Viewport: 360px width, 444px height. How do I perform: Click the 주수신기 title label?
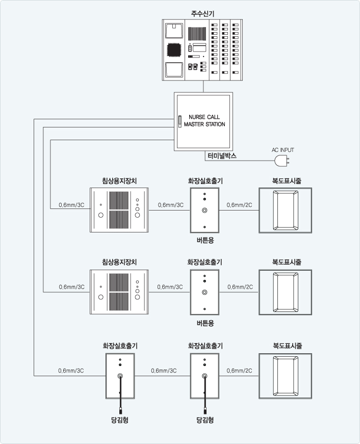tap(202, 13)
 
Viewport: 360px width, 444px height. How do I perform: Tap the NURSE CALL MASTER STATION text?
tap(204, 121)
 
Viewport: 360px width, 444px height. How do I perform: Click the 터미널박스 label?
tap(222, 156)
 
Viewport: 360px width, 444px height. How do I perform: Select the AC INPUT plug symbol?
tap(282, 161)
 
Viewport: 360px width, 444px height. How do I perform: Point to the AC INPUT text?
tap(282, 150)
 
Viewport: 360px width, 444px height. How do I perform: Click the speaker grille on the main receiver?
tap(197, 33)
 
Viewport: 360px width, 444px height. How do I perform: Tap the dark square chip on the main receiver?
tap(174, 50)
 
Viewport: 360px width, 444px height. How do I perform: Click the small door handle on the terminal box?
tap(179, 121)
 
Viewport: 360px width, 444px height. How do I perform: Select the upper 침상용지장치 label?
tap(119, 180)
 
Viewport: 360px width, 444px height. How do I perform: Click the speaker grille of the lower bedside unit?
tap(119, 292)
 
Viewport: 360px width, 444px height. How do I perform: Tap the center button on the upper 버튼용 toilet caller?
tap(204, 210)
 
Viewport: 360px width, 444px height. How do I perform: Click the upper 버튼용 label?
tap(205, 241)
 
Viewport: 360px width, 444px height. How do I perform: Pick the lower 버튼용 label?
tap(205, 323)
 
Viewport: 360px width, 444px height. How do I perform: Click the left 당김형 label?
tap(119, 420)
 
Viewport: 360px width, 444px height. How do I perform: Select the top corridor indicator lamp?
tap(285, 211)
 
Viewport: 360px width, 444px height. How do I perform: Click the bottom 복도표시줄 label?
tap(288, 346)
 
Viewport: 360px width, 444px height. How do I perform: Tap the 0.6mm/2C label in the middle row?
tap(240, 287)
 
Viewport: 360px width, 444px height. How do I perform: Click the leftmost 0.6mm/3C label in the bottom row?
tap(71, 371)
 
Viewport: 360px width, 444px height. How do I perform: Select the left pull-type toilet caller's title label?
tap(120, 346)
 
